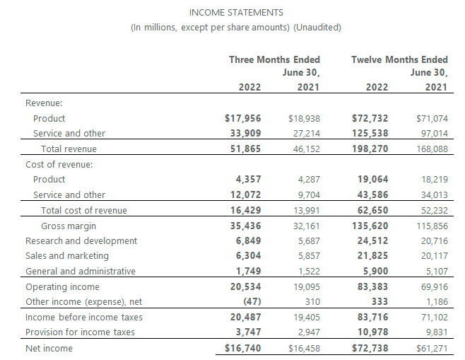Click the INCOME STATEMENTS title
[237, 12]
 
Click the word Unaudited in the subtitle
[318, 28]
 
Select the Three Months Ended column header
[274, 59]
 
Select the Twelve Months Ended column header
[399, 59]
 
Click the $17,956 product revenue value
[242, 118]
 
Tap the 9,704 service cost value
[306, 194]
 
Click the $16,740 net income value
[242, 348]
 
